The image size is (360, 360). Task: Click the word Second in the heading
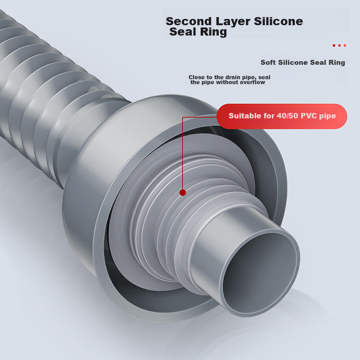[189, 21]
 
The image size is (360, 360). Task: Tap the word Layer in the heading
[233, 22]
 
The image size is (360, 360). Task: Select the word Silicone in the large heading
[278, 21]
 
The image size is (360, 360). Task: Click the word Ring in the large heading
[213, 32]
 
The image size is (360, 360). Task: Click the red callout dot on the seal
[183, 193]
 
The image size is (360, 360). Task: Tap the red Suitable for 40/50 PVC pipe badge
[282, 116]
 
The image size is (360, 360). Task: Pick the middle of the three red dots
[339, 45]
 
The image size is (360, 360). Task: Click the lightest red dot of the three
[345, 45]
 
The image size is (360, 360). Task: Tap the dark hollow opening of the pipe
[261, 272]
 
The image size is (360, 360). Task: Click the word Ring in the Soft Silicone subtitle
[337, 63]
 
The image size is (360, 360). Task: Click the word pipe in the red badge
[328, 116]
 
